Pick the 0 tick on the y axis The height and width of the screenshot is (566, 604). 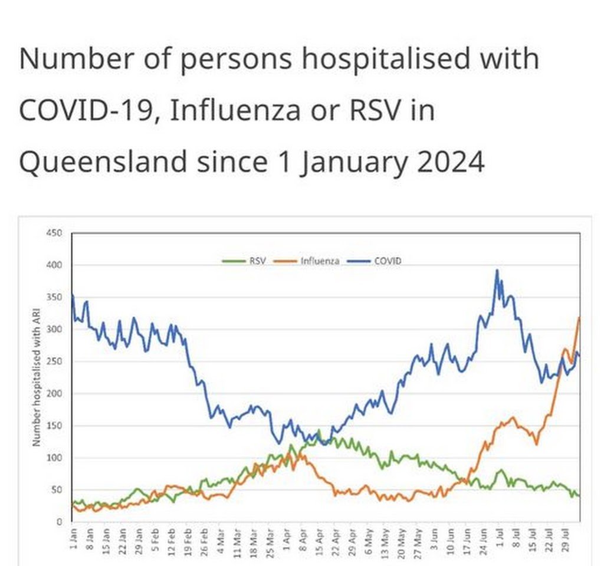[x=60, y=522]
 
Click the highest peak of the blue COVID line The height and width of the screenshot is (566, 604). [x=497, y=271]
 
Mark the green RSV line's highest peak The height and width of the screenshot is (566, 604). [x=319, y=430]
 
